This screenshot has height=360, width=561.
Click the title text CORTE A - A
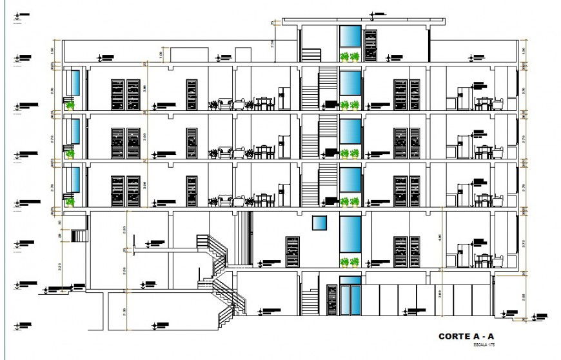point(466,337)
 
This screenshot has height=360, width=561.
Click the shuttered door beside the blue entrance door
point(332,300)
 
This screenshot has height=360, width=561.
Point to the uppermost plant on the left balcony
point(70,103)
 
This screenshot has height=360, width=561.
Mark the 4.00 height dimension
point(440,237)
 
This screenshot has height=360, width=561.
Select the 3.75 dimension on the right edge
point(524,243)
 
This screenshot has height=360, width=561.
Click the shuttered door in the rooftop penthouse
point(371,46)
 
